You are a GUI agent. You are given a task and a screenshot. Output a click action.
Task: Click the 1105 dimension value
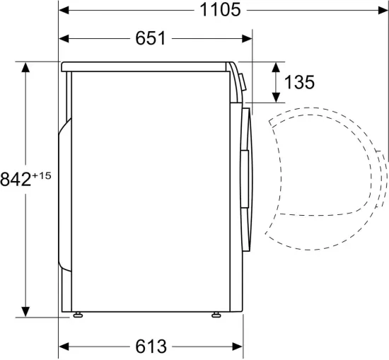[220, 10]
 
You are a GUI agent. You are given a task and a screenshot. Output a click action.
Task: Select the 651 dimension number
[150, 39]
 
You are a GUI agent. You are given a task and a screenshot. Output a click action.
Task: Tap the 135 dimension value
[299, 83]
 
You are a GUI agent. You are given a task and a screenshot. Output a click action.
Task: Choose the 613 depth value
[151, 347]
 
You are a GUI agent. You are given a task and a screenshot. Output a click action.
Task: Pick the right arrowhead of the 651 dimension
[248, 39]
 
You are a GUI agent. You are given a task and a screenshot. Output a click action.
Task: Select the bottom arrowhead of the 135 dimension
[275, 100]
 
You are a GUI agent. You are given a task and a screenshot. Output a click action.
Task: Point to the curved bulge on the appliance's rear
[62, 191]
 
